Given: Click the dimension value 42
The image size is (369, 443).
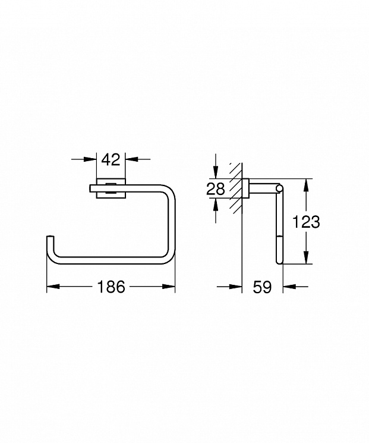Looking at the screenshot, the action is [x=111, y=159].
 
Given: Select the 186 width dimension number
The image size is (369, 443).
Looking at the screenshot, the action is [x=111, y=287].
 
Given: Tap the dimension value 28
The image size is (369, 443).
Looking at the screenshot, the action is [x=216, y=188].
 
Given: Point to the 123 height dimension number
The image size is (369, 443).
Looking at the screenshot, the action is [x=306, y=221].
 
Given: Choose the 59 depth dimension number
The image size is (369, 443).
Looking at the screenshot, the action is [x=262, y=287].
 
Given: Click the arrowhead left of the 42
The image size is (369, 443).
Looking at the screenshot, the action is [x=90, y=159].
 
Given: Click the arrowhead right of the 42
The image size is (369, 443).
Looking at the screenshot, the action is [x=132, y=159].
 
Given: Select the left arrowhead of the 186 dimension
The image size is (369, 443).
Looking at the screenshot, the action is [x=53, y=287].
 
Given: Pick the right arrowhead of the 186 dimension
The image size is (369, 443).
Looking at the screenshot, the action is [x=169, y=287].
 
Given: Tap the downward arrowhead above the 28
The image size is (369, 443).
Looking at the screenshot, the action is [x=216, y=172].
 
